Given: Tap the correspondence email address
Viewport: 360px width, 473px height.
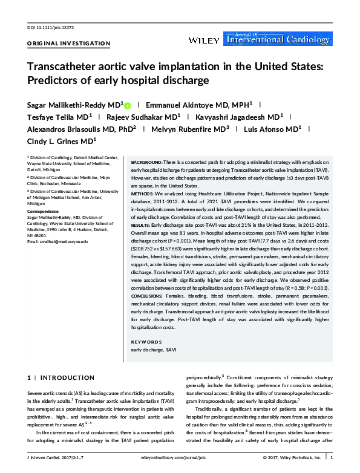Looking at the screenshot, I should (x=57, y=241).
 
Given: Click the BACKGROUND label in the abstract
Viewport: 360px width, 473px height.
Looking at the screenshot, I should (x=146, y=163).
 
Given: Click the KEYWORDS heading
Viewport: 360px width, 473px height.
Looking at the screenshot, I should (x=146, y=342).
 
